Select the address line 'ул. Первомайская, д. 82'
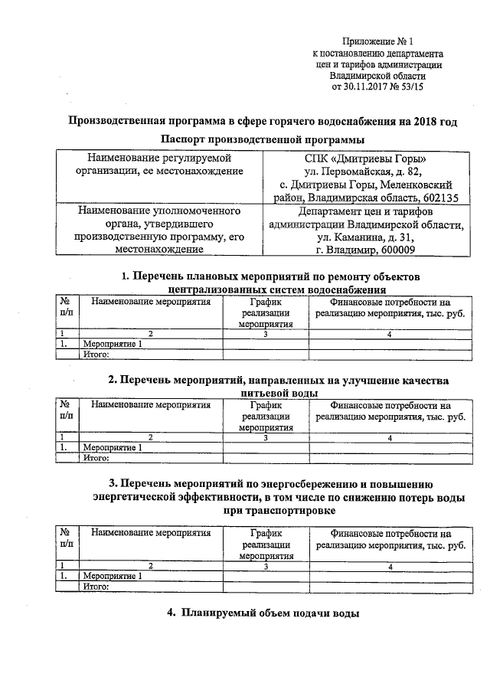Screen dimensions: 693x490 pyautogui.click(x=363, y=172)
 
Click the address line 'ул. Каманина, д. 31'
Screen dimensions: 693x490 pyautogui.click(x=363, y=237)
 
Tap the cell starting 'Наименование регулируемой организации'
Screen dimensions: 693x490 pyautogui.click(x=159, y=165)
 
